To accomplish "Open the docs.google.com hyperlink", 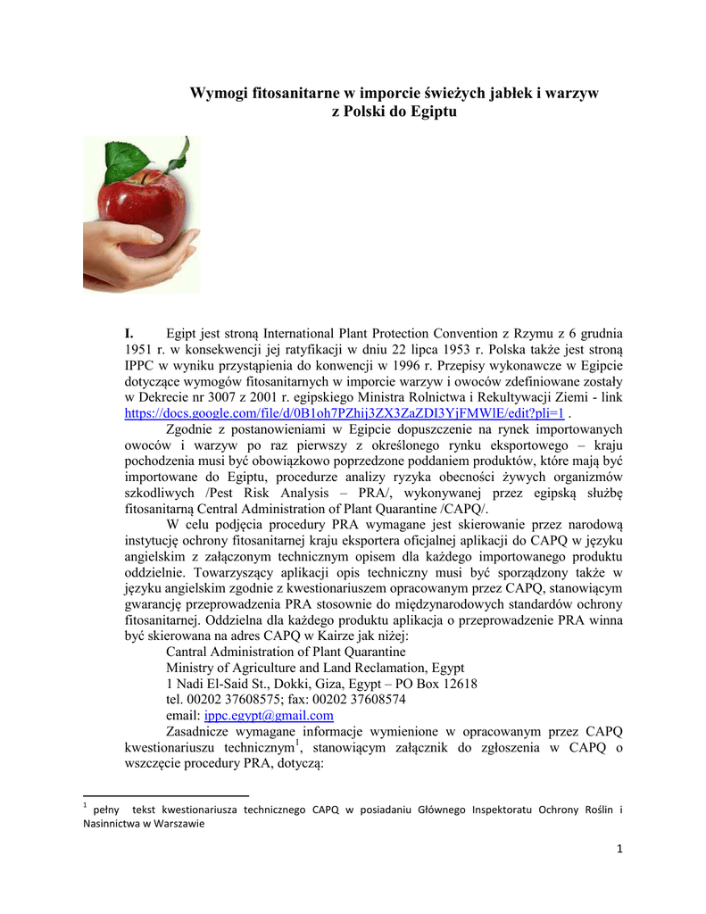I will coord(344,413).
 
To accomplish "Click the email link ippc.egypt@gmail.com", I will coord(269,716).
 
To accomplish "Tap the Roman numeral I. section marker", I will coord(129,333).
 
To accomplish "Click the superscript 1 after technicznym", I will coord(297,744).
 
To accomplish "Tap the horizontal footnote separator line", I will coord(165,794).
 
